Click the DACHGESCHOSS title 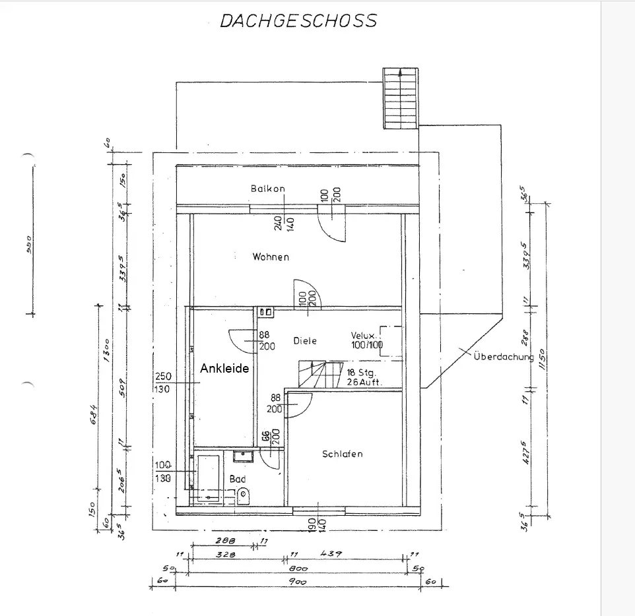[x=298, y=21]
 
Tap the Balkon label [x=267, y=189]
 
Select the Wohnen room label [x=271, y=257]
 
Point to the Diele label [x=305, y=340]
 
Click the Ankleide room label [x=224, y=369]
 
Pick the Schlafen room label [x=343, y=454]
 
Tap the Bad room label [x=238, y=479]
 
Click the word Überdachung [x=503, y=357]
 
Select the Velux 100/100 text [x=367, y=340]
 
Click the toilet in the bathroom [x=244, y=495]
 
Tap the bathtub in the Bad [x=209, y=477]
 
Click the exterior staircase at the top [x=401, y=97]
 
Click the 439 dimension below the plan [x=331, y=555]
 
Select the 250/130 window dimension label [x=162, y=383]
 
